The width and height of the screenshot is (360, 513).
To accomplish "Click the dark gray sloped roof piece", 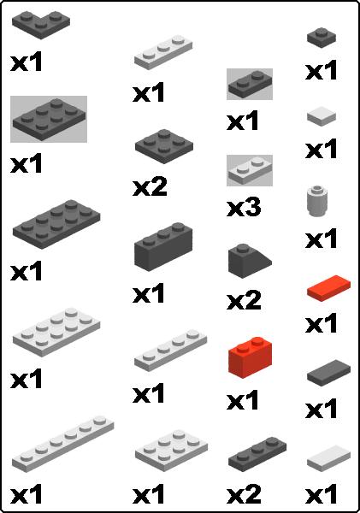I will point(249,261).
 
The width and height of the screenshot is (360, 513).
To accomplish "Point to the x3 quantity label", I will point(243,208).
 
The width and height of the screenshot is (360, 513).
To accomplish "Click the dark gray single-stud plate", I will point(322,37).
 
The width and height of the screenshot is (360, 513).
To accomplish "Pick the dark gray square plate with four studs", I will point(163,144).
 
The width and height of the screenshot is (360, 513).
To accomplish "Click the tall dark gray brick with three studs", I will point(162,246).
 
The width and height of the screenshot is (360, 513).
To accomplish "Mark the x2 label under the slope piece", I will point(243,301).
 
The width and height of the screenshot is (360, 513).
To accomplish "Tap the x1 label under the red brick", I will point(243,400).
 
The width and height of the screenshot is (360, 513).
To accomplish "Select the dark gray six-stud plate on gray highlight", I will point(49,119).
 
